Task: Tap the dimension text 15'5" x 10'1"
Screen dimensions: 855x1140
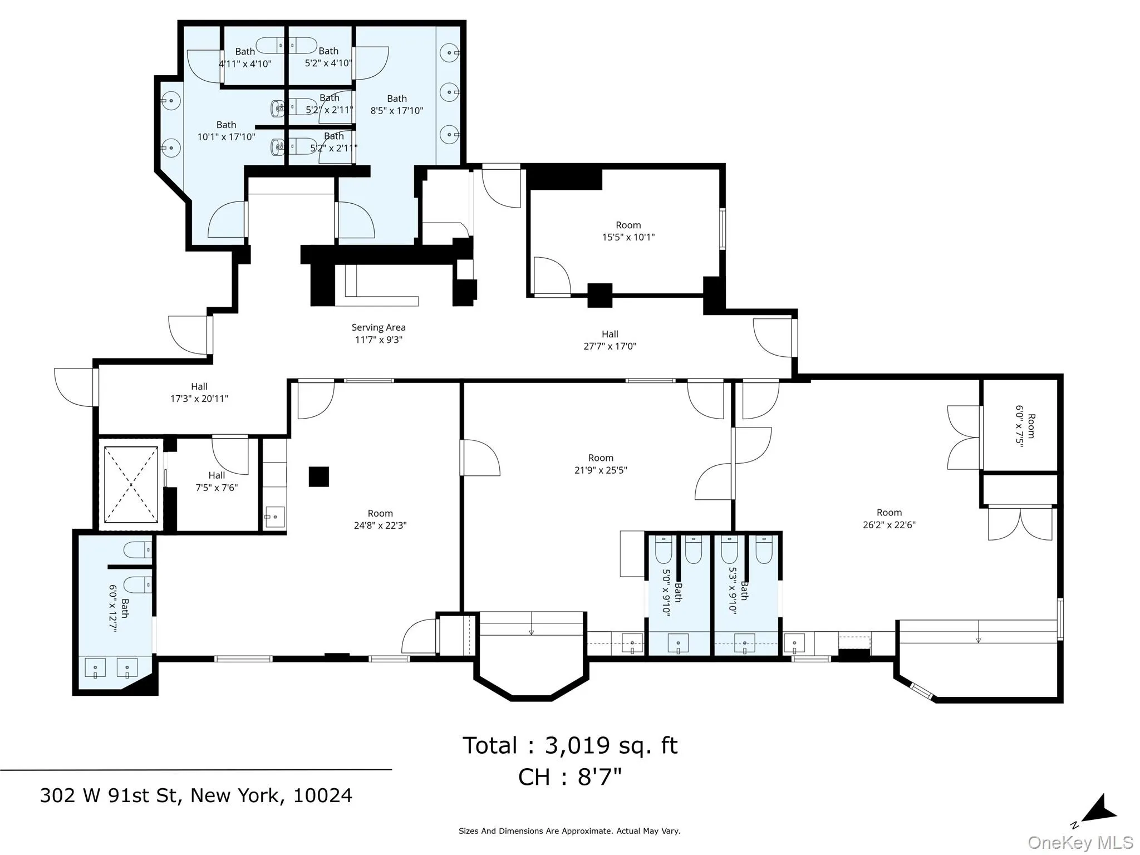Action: coord(628,237)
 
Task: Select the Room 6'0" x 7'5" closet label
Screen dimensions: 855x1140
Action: coord(1025,426)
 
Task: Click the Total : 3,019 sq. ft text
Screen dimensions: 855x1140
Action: coord(570,746)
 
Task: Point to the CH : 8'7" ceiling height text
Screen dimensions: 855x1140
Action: coord(570,777)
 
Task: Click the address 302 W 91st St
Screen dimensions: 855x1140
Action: coord(196,795)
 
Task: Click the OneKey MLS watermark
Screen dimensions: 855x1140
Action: coord(1080,843)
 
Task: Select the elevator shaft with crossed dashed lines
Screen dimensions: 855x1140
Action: coord(131,484)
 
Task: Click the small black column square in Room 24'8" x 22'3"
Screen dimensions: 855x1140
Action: coord(319,476)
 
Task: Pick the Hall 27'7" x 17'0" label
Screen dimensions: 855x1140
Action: coord(610,340)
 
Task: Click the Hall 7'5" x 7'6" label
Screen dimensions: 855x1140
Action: coord(217,481)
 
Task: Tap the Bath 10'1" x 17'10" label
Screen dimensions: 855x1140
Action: coord(226,131)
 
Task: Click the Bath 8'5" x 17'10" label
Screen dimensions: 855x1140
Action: coord(396,105)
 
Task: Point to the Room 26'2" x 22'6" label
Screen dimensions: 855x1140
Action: coord(889,518)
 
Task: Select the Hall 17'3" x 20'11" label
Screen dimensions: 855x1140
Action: coord(199,392)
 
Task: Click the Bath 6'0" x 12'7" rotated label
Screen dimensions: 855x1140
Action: coord(119,608)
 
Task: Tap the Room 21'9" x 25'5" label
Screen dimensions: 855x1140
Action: coord(601,464)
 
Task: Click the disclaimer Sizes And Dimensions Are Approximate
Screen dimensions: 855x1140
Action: coord(569,831)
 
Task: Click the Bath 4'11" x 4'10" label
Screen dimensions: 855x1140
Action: coord(245,58)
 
